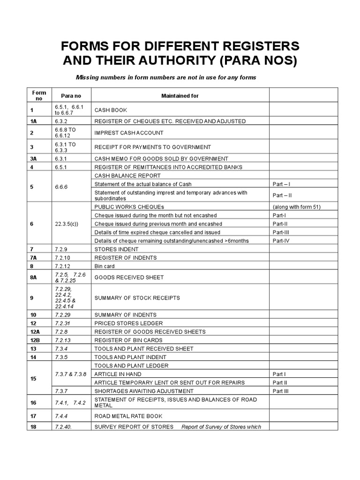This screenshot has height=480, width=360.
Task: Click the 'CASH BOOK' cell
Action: (111, 110)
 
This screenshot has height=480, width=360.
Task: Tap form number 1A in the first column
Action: (33, 121)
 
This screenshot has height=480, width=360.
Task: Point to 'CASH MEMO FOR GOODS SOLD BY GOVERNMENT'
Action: (161, 158)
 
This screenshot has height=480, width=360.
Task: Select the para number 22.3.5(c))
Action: (67, 224)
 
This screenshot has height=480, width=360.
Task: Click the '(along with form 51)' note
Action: (297, 207)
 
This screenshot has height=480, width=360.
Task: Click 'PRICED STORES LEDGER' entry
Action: (122, 323)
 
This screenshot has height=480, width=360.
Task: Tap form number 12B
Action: (34, 340)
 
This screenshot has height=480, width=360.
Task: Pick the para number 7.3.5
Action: (62, 357)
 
